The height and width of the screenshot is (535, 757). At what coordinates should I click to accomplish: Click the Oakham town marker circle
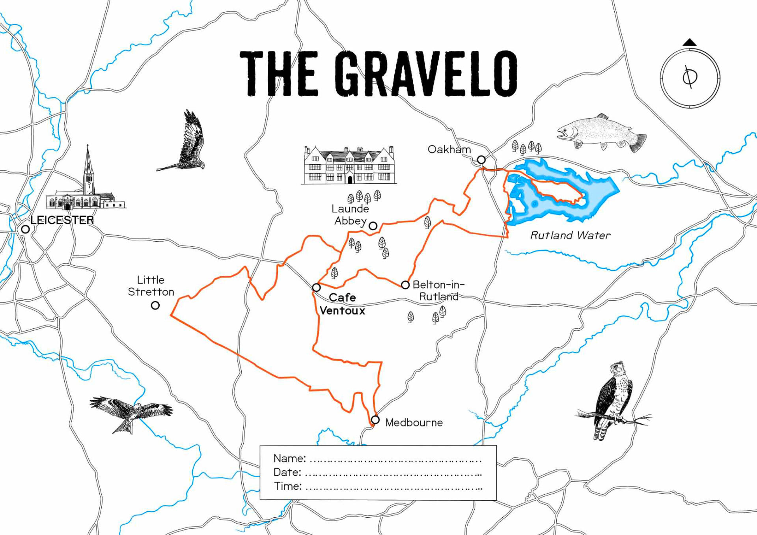click(x=481, y=160)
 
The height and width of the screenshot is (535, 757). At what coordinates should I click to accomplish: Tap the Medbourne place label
click(x=414, y=423)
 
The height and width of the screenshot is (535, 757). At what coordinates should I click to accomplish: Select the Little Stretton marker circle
click(x=155, y=306)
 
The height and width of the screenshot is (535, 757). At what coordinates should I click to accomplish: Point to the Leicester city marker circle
click(x=26, y=229)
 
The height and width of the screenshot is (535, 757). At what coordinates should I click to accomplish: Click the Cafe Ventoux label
click(x=342, y=304)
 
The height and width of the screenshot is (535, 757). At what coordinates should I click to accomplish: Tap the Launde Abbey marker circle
click(x=373, y=226)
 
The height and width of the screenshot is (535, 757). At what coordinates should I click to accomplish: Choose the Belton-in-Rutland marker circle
click(x=405, y=285)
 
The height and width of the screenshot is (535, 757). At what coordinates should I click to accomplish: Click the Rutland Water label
click(x=570, y=235)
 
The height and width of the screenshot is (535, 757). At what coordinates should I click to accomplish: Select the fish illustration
click(x=601, y=133)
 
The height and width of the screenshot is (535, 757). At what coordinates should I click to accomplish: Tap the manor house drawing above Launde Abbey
click(x=349, y=166)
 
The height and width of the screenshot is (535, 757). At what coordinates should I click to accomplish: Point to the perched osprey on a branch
click(x=613, y=400)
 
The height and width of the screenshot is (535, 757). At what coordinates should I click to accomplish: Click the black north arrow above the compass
click(x=690, y=42)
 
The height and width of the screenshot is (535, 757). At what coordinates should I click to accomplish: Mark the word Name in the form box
click(x=289, y=458)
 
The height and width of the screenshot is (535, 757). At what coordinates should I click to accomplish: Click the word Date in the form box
click(x=287, y=472)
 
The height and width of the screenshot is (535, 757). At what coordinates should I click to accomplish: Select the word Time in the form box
click(x=288, y=486)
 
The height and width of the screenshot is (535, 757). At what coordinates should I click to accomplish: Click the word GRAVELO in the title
click(x=426, y=74)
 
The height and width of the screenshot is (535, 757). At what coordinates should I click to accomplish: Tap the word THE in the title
click(x=279, y=74)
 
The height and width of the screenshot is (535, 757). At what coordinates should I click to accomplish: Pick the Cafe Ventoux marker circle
click(x=316, y=287)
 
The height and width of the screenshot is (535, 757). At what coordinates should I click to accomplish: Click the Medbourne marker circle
click(x=375, y=420)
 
